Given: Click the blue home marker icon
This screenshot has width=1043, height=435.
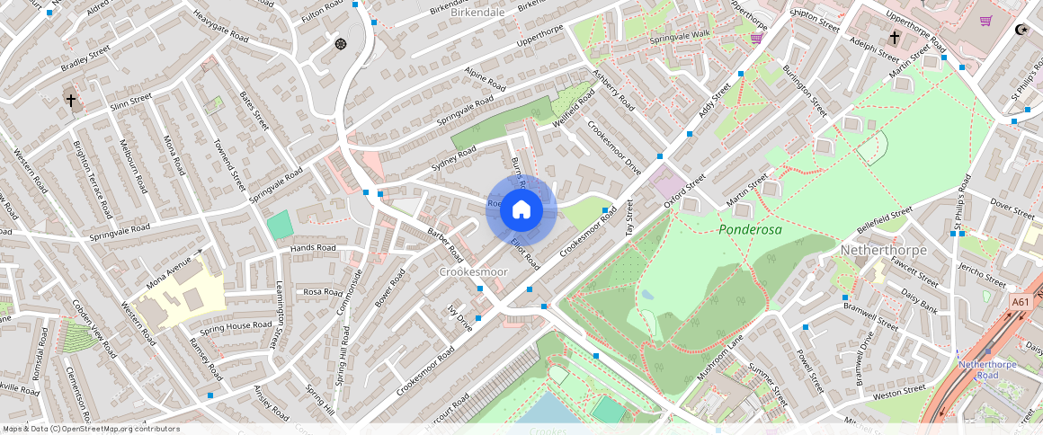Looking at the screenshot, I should tap(521, 209).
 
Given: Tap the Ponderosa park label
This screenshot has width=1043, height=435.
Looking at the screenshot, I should tap(750, 230).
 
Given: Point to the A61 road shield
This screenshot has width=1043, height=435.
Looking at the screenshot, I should tap(1021, 303).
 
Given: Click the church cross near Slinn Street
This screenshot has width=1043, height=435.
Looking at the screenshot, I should tap(71, 101).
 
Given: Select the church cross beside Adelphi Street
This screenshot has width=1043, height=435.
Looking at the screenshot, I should tap(894, 38).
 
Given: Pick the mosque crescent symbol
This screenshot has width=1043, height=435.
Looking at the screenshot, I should tap(1020, 30).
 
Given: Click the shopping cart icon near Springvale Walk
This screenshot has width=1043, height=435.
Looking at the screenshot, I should tap(757, 38).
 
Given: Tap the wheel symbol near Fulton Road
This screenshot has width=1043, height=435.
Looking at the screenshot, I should tap(340, 43).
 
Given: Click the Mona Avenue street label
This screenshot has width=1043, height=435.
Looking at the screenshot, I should tap(174, 269).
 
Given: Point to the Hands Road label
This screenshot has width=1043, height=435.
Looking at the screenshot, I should tap(313, 248).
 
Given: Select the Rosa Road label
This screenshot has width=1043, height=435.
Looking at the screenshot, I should tap(324, 292).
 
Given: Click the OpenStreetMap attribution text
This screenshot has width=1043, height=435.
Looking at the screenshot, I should tap(92, 429).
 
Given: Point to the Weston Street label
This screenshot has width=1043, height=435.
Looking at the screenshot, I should tap(898, 391).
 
